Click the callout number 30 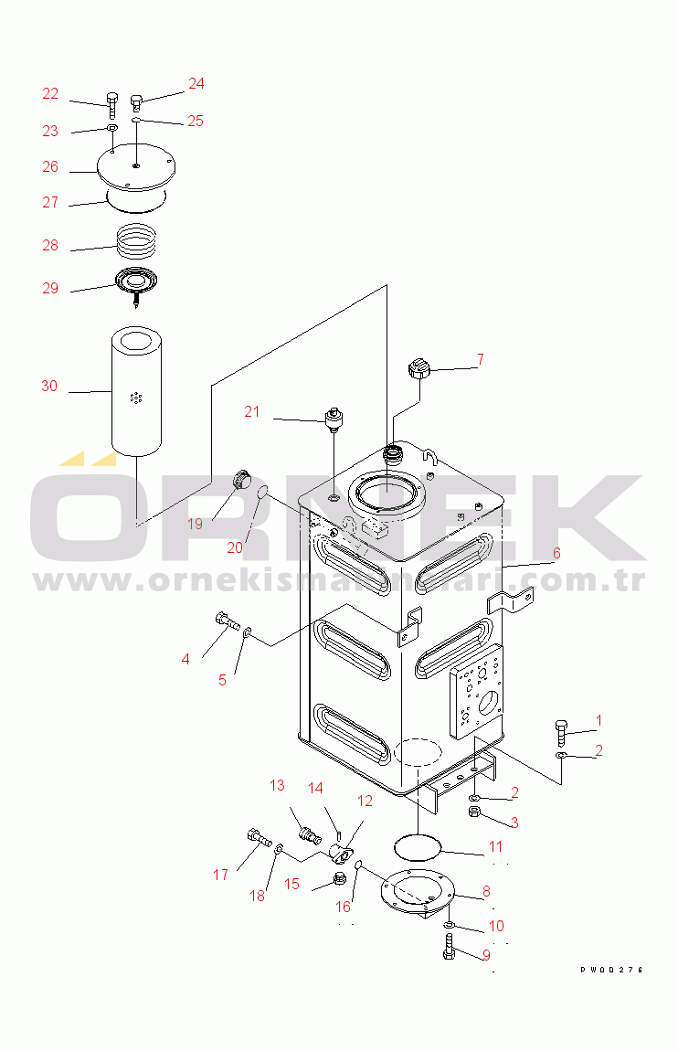pyautogui.click(x=49, y=387)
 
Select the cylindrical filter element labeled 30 pyautogui.click(x=136, y=392)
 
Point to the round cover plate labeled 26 pyautogui.click(x=136, y=170)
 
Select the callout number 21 pyautogui.click(x=252, y=412)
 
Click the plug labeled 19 pyautogui.click(x=241, y=479)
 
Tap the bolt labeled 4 pyautogui.click(x=226, y=623)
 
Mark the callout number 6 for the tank pyautogui.click(x=556, y=553)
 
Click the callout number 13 pyautogui.click(x=277, y=786)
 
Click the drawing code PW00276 pyautogui.click(x=611, y=970)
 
